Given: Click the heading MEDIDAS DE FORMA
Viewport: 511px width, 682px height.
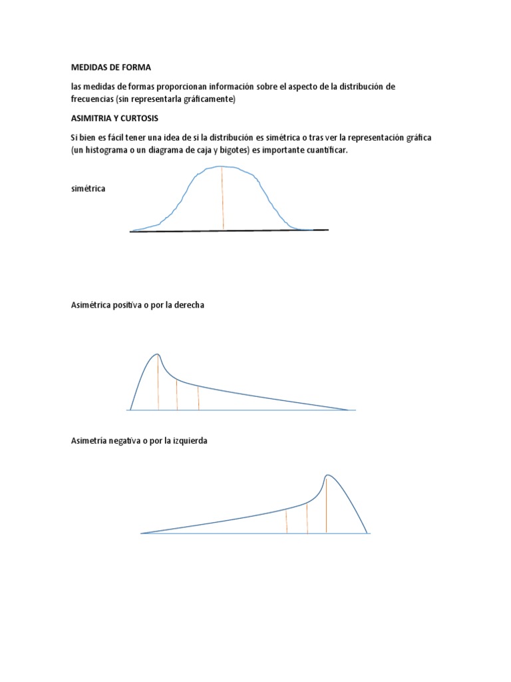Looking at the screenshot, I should (x=111, y=67).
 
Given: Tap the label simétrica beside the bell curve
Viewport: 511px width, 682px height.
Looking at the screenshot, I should (x=88, y=188).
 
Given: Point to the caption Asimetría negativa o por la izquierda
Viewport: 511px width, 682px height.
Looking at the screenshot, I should (x=139, y=441).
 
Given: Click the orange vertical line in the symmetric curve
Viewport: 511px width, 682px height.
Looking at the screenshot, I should (x=223, y=198).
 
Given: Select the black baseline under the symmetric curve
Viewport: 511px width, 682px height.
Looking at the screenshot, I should (x=229, y=231).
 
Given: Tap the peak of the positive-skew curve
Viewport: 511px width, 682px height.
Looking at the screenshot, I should (x=157, y=354).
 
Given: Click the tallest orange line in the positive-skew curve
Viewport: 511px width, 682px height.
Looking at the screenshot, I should (x=158, y=383).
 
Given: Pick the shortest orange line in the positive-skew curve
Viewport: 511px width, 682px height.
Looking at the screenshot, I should (x=199, y=398).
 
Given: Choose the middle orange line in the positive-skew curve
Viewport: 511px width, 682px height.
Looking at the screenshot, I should (x=177, y=395).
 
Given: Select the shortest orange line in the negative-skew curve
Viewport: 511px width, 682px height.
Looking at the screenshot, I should (x=286, y=521).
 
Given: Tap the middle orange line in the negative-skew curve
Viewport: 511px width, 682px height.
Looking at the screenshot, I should (x=307, y=518).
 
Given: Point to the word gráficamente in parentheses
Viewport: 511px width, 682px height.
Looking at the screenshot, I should (x=206, y=99).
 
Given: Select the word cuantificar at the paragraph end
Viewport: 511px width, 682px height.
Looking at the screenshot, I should (x=324, y=151).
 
